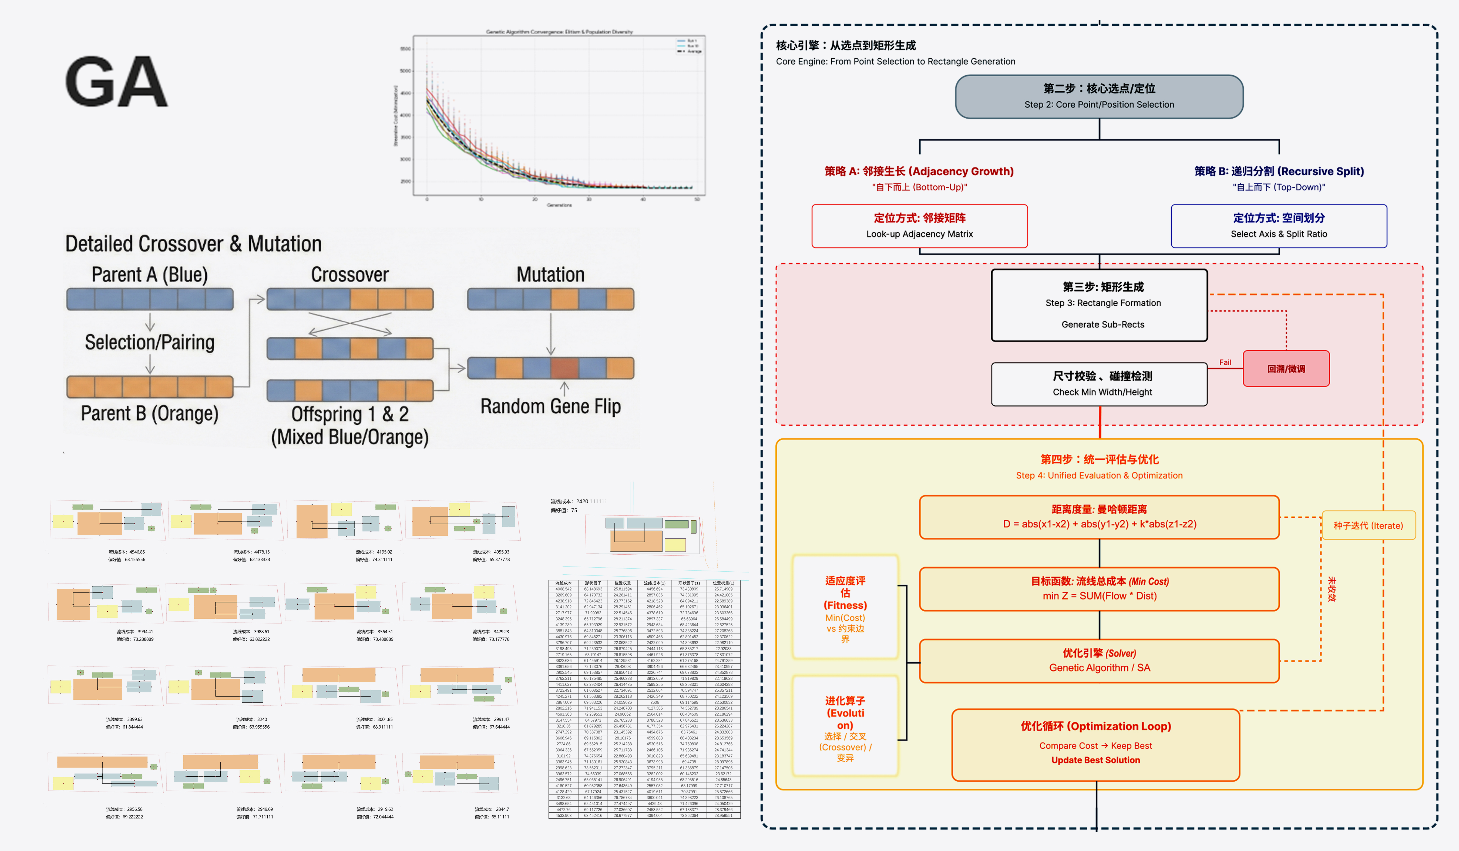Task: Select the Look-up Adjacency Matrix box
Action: point(919,226)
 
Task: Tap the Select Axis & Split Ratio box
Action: point(1278,226)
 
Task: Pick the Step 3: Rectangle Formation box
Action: point(1099,305)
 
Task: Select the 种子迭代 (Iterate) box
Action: point(1368,525)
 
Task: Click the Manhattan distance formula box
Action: point(1099,517)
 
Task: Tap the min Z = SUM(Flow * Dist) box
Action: point(1099,589)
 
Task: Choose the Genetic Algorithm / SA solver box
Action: point(1099,661)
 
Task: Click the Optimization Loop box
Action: point(1095,744)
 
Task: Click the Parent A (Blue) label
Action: point(149,274)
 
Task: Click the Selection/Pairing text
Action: point(149,342)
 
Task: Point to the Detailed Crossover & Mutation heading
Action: point(193,244)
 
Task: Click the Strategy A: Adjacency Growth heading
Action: point(919,172)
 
